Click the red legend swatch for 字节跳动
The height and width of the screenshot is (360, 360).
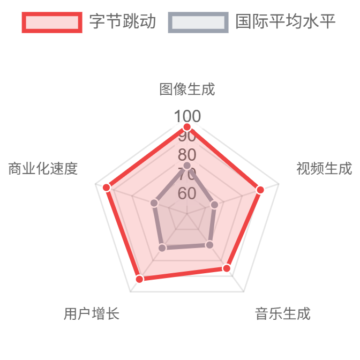coord(52,22)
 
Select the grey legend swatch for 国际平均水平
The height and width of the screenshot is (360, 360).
coord(198,22)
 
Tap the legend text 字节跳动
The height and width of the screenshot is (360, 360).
coord(123,22)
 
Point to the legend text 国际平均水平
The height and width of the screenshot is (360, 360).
coord(285,22)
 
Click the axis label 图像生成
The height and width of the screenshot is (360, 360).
coord(187,89)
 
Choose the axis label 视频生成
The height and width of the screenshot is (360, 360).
coord(324,168)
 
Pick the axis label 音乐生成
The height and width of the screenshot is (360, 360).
coord(282,313)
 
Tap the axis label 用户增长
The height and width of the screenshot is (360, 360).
coord(91,313)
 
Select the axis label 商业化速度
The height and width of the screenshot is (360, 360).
coord(43,168)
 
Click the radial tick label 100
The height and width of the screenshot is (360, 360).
coord(187,116)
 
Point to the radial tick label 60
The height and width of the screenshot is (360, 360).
coord(187,193)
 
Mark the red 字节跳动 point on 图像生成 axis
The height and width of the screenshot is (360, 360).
coord(187,127)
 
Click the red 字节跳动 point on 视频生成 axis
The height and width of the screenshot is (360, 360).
coord(260,190)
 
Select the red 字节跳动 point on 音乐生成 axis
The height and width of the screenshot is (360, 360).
coord(227,268)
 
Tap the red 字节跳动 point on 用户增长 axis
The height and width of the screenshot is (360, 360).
coord(139,279)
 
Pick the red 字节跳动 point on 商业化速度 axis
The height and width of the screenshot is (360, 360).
coord(106,187)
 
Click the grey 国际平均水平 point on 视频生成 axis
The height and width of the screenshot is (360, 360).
coord(215,205)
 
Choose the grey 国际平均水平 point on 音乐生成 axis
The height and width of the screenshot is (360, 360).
coord(209,245)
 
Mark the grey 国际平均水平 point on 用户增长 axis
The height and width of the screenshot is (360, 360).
coord(162,247)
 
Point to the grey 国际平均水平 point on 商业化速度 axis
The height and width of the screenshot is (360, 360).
coord(154,202)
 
